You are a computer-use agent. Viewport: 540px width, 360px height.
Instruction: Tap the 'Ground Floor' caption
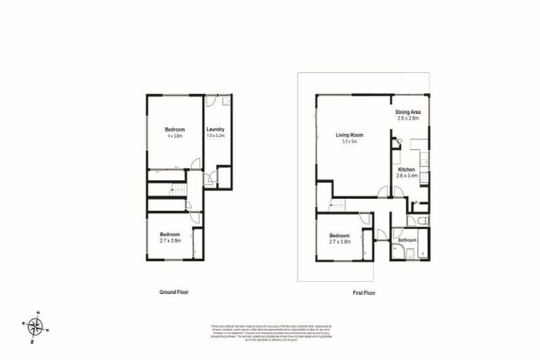pos(174,291)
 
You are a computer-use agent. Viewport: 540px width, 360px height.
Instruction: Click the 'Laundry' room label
pos(215,129)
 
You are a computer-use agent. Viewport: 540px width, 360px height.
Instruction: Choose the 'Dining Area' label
pos(407,112)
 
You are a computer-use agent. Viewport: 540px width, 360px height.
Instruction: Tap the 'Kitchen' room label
pos(406,170)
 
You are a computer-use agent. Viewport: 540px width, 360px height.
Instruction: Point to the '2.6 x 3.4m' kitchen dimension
pos(408,176)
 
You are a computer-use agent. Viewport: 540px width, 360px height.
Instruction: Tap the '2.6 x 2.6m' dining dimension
pos(408,119)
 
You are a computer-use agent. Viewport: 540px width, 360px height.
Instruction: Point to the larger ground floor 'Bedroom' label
pos(174,129)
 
